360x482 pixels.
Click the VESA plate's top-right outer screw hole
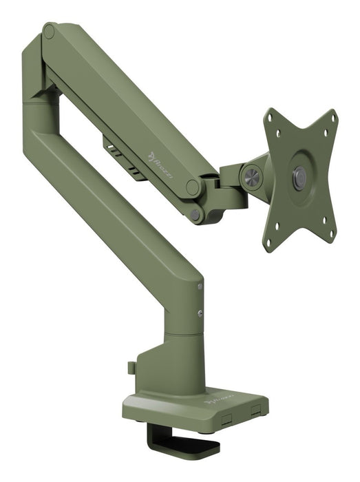pos(333,118)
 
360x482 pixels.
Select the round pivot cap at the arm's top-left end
pos(50,32)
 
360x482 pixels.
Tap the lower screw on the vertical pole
pos(200,313)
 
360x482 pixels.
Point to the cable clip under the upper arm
pos(124,154)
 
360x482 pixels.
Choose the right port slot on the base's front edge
pos(256,411)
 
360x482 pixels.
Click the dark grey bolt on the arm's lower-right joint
pos(196,214)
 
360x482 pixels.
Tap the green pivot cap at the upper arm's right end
pos(194,187)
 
